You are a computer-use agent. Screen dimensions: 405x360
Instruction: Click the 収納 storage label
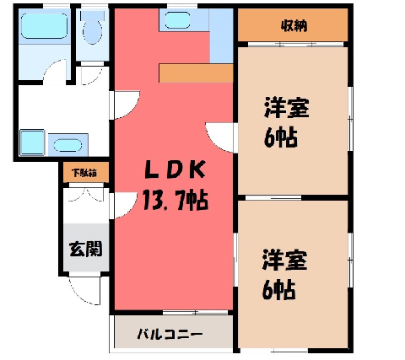294,26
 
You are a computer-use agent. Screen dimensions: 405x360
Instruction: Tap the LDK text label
175,169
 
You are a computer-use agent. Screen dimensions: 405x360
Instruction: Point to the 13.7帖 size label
175,200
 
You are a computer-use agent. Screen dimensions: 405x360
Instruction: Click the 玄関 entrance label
85,249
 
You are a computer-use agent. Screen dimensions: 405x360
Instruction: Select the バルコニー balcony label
170,334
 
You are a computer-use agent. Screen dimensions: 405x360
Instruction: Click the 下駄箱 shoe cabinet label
84,173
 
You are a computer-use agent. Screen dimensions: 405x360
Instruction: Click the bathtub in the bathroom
44,26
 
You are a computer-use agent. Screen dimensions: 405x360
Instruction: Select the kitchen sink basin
177,20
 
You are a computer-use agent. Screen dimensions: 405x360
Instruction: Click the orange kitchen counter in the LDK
196,73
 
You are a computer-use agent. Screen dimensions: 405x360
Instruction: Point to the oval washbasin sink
67,145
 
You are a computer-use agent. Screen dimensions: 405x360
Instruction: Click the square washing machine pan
32,142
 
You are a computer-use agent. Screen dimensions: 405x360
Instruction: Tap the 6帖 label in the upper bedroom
281,137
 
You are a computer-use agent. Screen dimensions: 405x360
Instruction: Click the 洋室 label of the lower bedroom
284,261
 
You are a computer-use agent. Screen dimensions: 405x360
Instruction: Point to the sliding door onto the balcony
196,313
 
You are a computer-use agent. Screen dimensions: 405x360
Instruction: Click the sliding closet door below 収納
295,45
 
